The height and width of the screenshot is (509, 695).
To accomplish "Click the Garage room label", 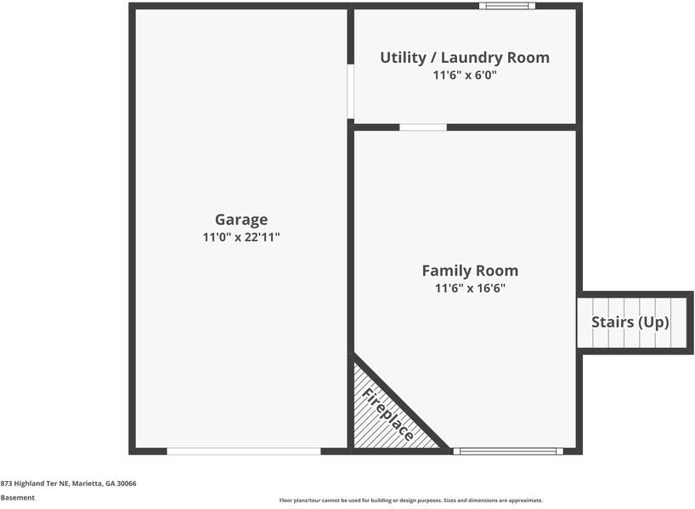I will (x=240, y=220).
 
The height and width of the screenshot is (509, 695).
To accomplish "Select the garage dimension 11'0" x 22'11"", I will (x=240, y=238).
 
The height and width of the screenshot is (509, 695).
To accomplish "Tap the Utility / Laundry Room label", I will (x=464, y=58).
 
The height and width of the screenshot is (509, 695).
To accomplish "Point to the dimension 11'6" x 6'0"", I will (x=464, y=76).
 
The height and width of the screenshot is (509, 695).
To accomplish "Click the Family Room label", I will (x=470, y=271).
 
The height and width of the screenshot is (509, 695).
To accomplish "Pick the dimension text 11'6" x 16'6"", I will (x=470, y=288).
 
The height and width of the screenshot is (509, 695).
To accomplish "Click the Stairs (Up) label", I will (x=630, y=322).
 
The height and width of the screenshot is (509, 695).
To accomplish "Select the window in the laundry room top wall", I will (x=506, y=6).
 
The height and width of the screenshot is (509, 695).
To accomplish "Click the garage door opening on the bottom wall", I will (x=244, y=451).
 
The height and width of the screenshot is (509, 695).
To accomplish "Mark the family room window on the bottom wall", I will (x=507, y=451).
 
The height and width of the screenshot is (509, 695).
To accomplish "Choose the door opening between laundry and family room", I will (x=423, y=127).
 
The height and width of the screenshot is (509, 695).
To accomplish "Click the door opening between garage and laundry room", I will (x=350, y=92).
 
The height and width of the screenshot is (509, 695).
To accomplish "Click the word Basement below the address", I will (x=18, y=498).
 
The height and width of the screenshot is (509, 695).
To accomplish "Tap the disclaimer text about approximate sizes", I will (x=410, y=501).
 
